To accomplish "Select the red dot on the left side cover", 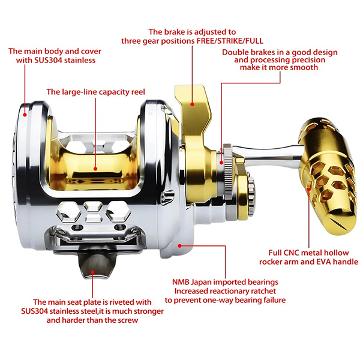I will click(25, 112).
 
